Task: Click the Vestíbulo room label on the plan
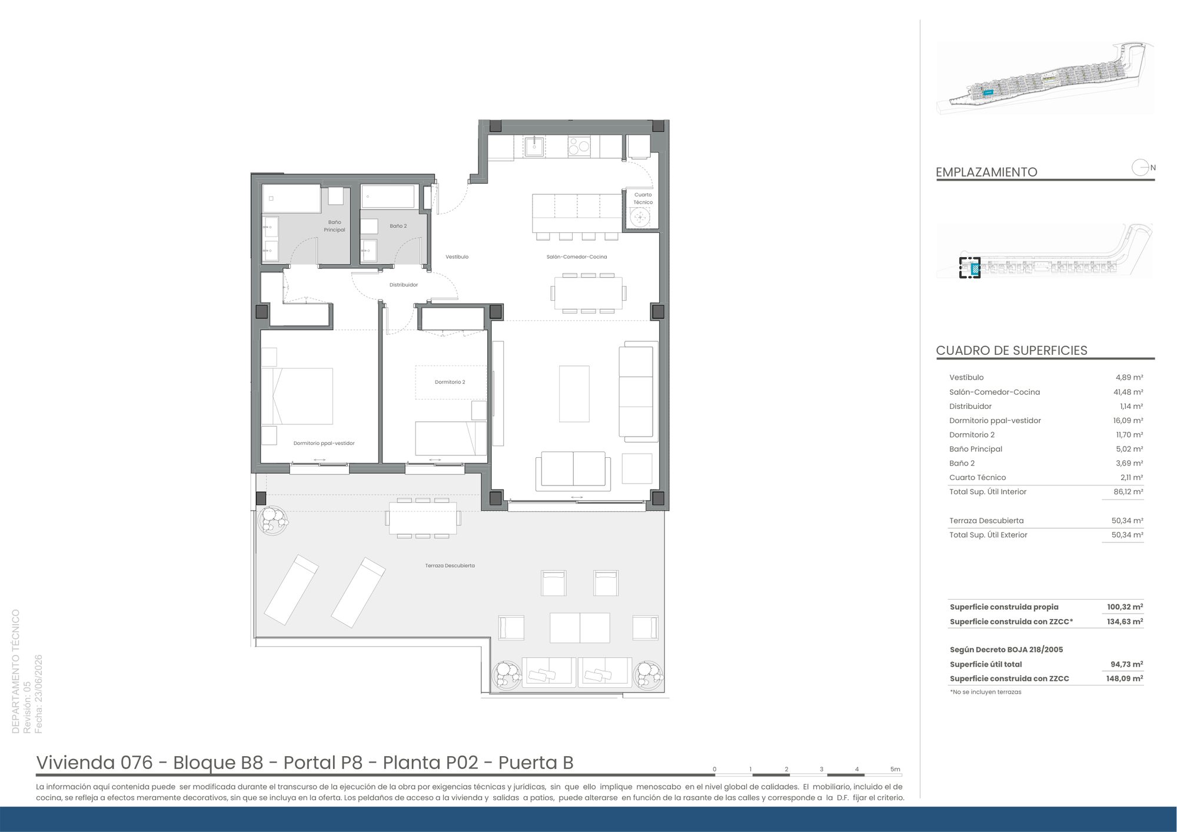457,257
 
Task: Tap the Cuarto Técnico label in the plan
643,198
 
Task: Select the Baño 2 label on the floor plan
398,226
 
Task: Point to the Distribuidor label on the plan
404,285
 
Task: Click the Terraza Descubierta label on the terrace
450,565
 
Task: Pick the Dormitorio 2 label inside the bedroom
450,382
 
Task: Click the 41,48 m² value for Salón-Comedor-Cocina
1129,392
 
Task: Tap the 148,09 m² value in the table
1125,678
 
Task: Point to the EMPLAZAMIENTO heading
986,172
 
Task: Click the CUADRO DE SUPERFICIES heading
1012,350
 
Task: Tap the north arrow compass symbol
1141,168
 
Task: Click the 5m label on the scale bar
895,769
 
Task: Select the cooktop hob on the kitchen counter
579,145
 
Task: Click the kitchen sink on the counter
534,146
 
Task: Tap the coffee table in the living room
574,394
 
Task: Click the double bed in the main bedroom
297,396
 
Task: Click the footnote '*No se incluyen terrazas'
985,692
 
